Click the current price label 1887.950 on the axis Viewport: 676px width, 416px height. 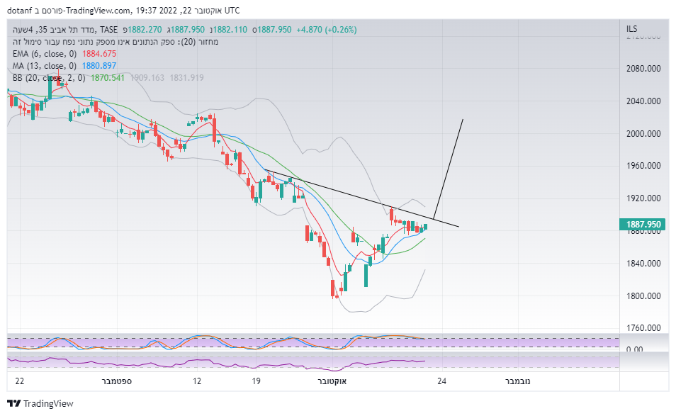(x=643, y=225)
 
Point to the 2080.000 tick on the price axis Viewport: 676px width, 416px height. (x=643, y=69)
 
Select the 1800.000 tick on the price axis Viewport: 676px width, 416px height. (x=643, y=296)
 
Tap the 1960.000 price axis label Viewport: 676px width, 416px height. (x=643, y=166)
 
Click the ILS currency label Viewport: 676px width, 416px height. (x=632, y=29)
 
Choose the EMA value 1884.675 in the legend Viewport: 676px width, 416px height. (x=99, y=54)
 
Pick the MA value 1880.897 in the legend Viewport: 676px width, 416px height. (x=99, y=66)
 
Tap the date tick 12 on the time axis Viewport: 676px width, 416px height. (x=197, y=381)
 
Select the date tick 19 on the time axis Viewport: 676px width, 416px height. (x=257, y=381)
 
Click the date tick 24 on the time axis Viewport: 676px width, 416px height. (x=442, y=381)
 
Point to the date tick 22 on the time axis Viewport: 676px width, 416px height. (x=19, y=381)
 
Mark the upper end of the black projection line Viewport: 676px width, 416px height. (x=463, y=120)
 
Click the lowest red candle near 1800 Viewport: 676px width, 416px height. (x=333, y=288)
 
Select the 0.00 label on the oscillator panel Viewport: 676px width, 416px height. (x=635, y=349)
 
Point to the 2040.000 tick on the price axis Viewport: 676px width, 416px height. (x=643, y=101)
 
